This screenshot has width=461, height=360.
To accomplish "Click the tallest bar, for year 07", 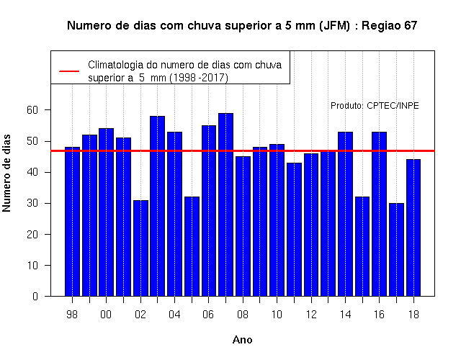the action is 225,204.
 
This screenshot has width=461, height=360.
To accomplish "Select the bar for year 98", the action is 72,222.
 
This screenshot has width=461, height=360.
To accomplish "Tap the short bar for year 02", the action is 141,248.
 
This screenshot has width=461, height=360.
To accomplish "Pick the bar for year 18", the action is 413,228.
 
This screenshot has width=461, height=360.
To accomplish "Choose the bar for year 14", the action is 345,214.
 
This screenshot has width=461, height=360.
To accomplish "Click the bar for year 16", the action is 380,214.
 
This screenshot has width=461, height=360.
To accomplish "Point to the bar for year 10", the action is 277,220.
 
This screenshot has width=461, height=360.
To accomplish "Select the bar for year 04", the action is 174,214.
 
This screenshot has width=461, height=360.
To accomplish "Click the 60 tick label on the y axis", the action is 32,110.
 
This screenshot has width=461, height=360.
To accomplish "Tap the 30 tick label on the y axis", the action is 32,203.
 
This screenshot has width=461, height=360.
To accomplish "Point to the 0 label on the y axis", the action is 35,296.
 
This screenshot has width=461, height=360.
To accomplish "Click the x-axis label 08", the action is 243,315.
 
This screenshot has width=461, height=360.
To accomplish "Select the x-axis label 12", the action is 311,315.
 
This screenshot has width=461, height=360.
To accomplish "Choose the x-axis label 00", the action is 106,315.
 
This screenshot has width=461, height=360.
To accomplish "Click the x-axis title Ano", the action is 242,340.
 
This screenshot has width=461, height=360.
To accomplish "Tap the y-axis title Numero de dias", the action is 6,173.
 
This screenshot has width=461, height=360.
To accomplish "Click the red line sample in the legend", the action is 69,71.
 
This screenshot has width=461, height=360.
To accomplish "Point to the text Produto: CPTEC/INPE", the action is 375,106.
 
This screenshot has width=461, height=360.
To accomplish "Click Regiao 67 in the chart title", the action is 389,26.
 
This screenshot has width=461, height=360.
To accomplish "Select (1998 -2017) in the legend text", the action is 199,78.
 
